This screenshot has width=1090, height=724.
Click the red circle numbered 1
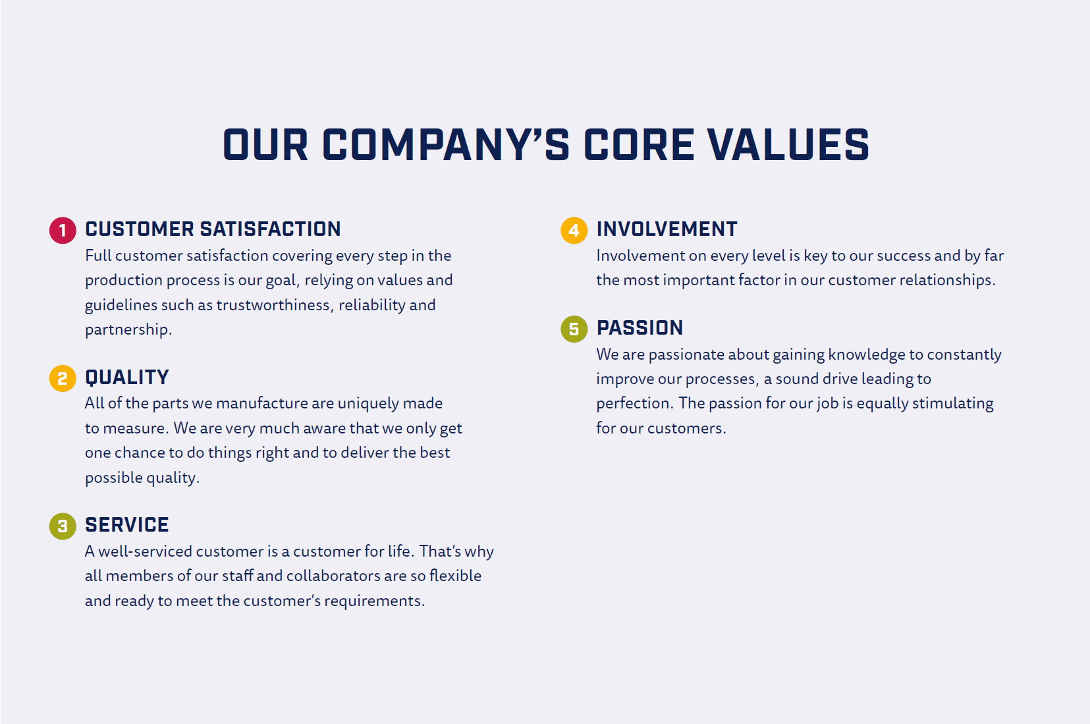pos(63,231)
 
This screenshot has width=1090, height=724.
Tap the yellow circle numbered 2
pos(63,378)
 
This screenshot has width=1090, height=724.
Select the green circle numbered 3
pos(63,526)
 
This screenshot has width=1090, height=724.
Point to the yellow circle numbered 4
pos(574,231)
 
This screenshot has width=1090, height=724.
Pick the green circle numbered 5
pos(574,329)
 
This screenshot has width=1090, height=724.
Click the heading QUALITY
pos(127,377)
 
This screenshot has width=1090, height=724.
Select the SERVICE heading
pos(127,525)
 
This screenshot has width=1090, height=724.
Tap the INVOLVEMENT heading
pos(667,229)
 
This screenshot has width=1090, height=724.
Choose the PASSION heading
pos(640,327)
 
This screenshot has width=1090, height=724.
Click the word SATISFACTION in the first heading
pos(271,229)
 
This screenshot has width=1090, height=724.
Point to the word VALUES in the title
pos(788,145)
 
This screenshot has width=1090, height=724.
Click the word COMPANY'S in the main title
pos(446,145)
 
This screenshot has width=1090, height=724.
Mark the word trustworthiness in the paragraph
pos(275,305)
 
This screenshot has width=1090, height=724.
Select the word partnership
pos(128,330)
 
